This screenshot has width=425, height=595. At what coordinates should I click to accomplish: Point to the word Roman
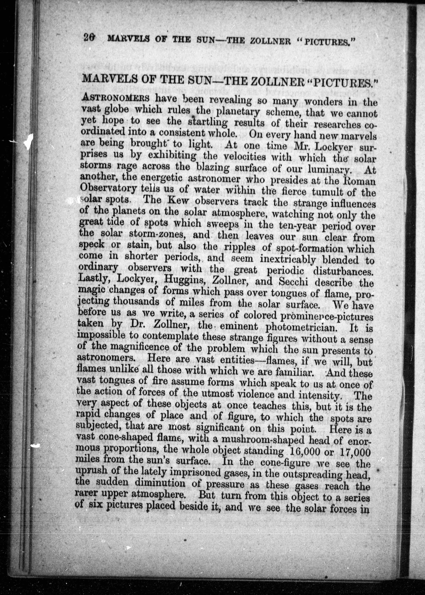click(360, 181)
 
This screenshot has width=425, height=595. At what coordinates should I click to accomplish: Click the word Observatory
click(108, 188)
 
